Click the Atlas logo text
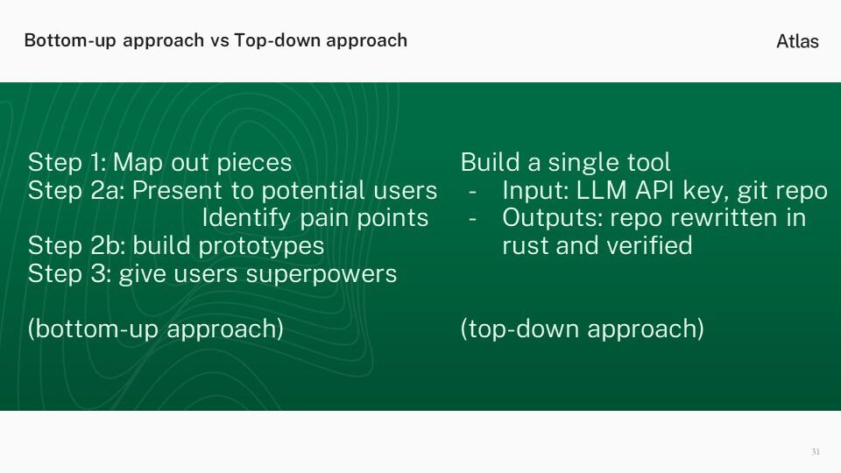pyautogui.click(x=797, y=41)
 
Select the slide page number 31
pyautogui.click(x=816, y=452)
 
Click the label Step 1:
pyautogui.click(x=67, y=163)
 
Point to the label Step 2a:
pyautogui.click(x=76, y=191)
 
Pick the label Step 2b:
pyautogui.click(x=77, y=246)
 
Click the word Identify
pyautogui.click(x=246, y=218)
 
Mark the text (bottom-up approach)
pyautogui.click(x=156, y=329)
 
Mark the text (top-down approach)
pyautogui.click(x=582, y=329)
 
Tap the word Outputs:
pyautogui.click(x=552, y=219)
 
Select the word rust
pyautogui.click(x=525, y=246)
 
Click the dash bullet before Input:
pyautogui.click(x=472, y=192)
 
